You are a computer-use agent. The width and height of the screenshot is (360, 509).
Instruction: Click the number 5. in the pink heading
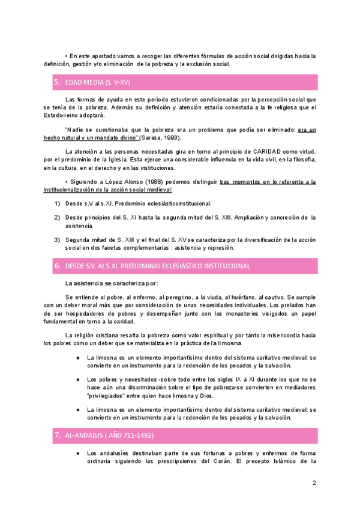[57, 82]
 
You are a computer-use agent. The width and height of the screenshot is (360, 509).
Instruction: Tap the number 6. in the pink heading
[57, 265]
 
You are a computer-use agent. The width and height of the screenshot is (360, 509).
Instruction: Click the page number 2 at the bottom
[314, 483]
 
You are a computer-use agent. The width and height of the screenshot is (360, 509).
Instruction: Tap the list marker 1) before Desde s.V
[57, 203]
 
